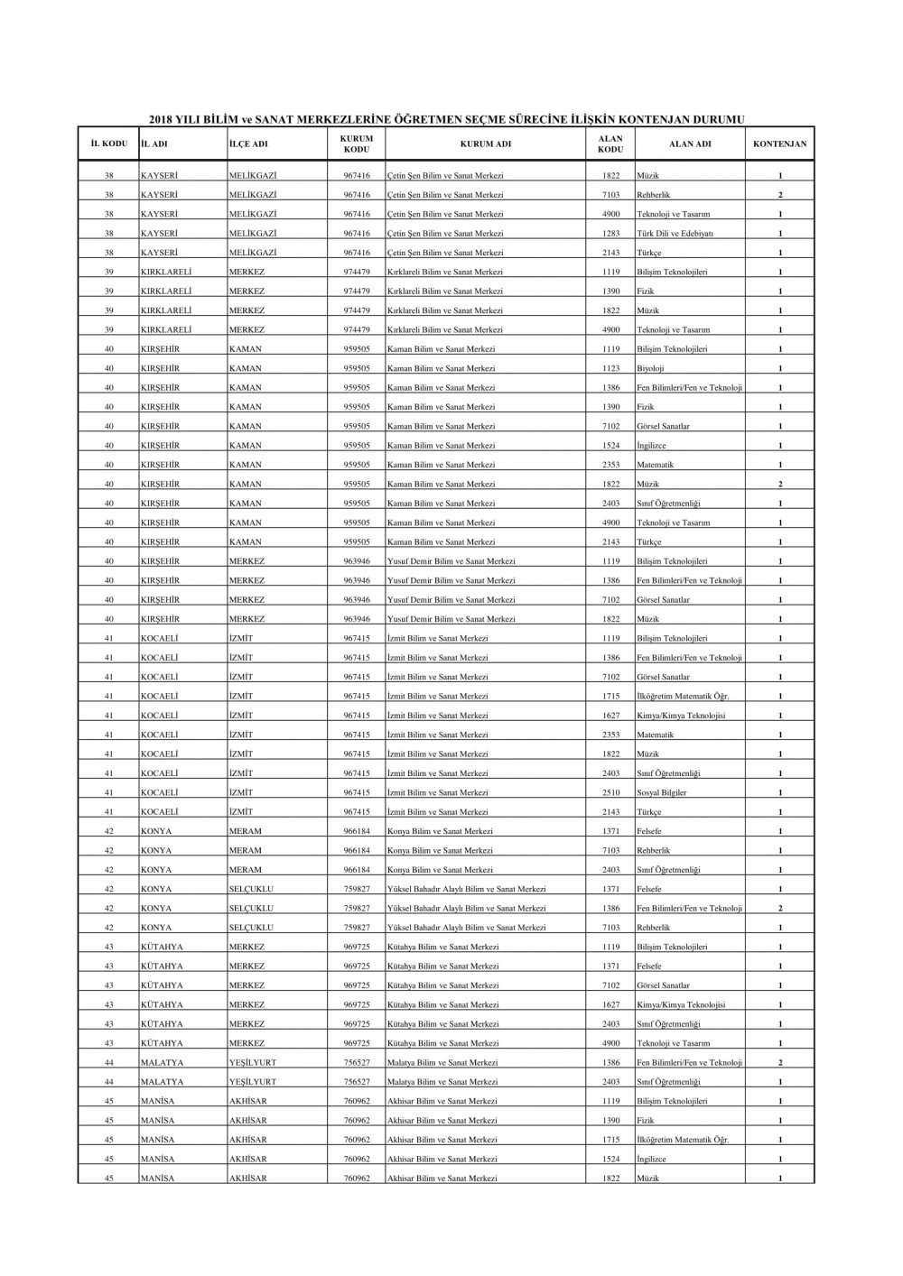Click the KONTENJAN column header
point(779,143)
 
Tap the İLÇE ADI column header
point(247,143)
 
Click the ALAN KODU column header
point(610,143)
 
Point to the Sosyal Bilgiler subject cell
point(661,793)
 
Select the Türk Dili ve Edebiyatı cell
point(675,234)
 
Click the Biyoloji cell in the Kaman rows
point(650,368)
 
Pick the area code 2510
point(610,793)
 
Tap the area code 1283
point(610,234)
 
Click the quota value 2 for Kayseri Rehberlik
point(780,195)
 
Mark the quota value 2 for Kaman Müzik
point(780,485)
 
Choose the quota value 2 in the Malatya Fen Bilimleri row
point(780,1063)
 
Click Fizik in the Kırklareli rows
point(645,291)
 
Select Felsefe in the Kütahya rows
point(648,966)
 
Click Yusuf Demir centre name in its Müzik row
point(451,619)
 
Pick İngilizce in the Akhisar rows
point(650,1160)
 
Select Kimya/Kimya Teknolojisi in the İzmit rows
point(680,716)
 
